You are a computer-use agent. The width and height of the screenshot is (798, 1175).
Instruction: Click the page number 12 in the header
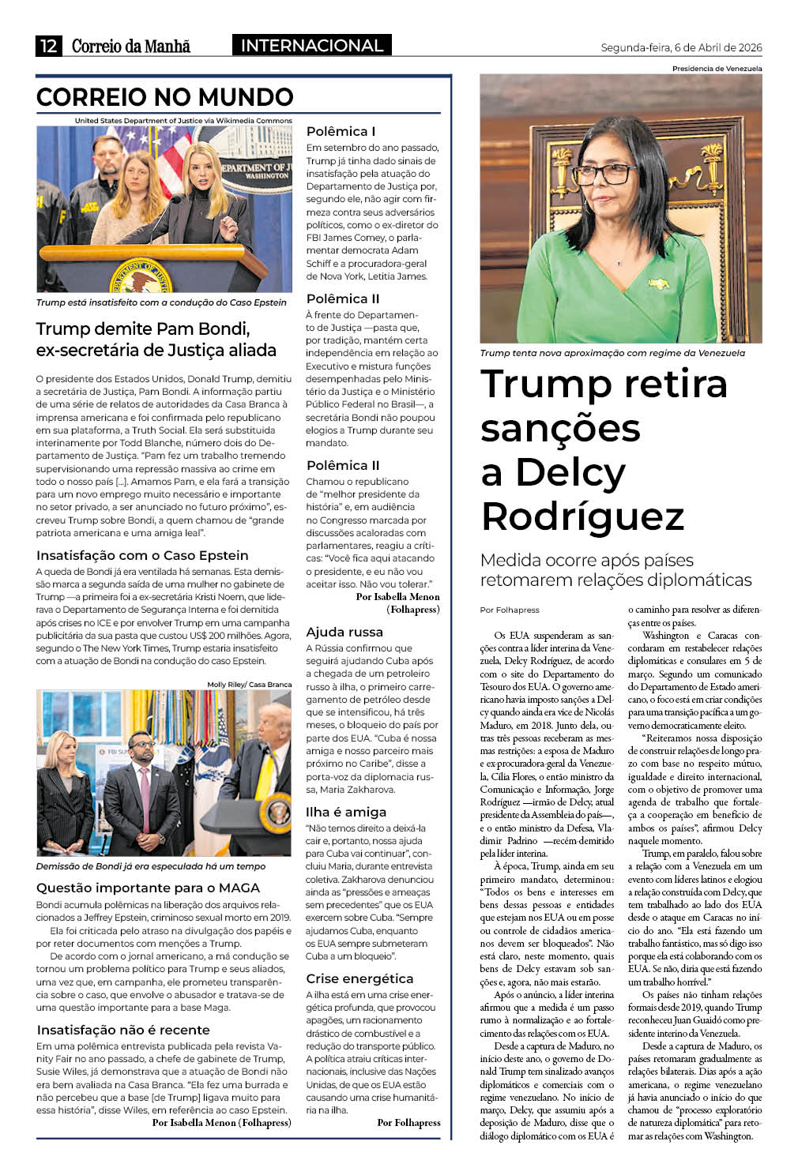click(x=48, y=46)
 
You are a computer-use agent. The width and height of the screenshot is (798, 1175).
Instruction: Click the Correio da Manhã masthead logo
click(x=131, y=46)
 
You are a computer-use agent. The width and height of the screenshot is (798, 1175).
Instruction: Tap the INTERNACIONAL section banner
click(x=311, y=46)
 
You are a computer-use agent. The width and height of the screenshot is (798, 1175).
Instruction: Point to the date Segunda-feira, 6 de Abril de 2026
click(x=681, y=47)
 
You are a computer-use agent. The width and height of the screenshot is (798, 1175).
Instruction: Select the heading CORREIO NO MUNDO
click(x=165, y=97)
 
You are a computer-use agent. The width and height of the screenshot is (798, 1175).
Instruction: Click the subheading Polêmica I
click(x=341, y=131)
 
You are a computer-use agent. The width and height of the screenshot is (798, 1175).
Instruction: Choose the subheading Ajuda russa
click(x=344, y=632)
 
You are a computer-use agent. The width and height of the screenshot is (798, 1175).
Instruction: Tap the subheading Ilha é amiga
click(x=346, y=812)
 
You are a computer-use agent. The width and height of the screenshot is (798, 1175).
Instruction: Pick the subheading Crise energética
click(x=359, y=978)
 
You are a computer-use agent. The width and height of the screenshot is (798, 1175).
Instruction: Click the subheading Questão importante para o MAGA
click(x=148, y=888)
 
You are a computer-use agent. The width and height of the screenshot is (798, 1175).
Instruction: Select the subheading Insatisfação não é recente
click(x=123, y=1030)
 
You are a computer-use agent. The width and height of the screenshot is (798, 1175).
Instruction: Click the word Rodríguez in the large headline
click(x=582, y=516)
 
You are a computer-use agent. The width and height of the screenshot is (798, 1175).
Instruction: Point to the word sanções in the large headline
click(x=560, y=428)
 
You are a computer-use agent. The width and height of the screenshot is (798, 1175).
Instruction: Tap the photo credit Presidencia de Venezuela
click(x=717, y=69)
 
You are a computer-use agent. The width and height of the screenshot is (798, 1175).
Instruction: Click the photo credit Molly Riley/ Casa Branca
click(x=249, y=685)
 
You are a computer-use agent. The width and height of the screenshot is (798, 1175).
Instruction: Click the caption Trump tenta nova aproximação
click(x=612, y=353)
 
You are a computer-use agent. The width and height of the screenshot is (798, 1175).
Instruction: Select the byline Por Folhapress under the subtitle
click(x=510, y=610)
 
